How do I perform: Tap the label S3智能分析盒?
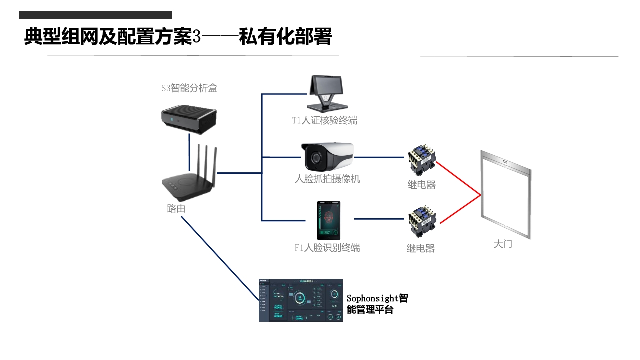tap(189, 89)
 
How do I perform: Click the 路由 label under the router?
tap(176, 209)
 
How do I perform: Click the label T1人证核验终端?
tap(325, 120)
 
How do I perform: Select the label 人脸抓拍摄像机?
tap(327, 179)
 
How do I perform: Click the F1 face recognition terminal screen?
tap(328, 220)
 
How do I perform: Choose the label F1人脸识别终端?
tap(327, 248)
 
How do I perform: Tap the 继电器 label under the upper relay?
tap(422, 185)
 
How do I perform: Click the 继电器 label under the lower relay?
tap(421, 248)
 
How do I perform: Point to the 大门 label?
tap(503, 244)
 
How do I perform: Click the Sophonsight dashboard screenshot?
tap(301, 300)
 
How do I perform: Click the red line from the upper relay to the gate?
tap(458, 178)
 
